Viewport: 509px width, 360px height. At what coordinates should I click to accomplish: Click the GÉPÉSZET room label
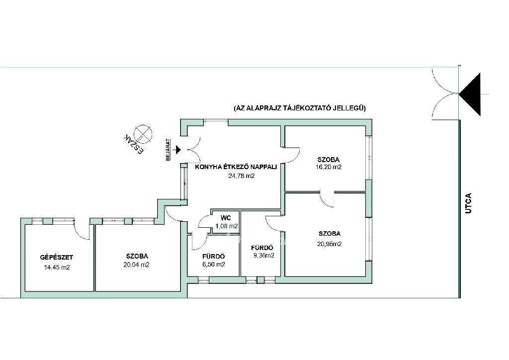coord(57,258)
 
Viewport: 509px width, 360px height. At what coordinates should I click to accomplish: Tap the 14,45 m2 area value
coord(57,268)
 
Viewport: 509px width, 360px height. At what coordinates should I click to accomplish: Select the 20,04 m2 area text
coord(136,265)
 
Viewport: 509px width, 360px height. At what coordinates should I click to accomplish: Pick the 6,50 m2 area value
coord(214,264)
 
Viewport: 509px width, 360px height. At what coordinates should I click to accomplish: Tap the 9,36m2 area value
coord(264,256)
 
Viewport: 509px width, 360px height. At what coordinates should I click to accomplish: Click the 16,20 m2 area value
coord(329,167)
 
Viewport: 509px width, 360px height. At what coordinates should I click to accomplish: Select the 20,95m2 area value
coord(330,244)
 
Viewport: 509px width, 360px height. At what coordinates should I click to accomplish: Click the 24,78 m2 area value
coord(242,176)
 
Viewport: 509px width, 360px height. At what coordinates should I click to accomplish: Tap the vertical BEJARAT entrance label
coord(168,150)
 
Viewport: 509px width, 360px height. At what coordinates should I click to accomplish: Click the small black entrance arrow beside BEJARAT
coord(177,150)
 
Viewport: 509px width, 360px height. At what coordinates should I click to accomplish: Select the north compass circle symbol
coord(143,134)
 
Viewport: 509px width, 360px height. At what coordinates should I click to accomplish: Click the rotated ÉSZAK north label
coord(133,143)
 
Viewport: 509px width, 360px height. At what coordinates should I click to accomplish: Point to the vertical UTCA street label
coord(468,203)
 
